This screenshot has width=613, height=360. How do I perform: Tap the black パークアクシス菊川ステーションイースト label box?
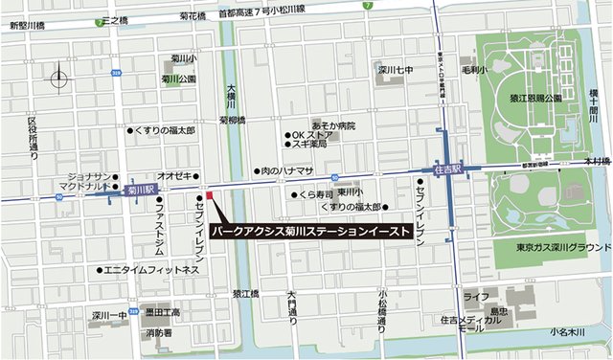tap(312, 232)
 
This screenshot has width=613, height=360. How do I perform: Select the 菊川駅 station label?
tap(141, 190)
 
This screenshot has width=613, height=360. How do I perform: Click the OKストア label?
tap(312, 134)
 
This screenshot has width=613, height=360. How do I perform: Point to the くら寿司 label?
tap(315, 193)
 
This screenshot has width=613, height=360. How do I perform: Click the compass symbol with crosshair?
tap(59, 78)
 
